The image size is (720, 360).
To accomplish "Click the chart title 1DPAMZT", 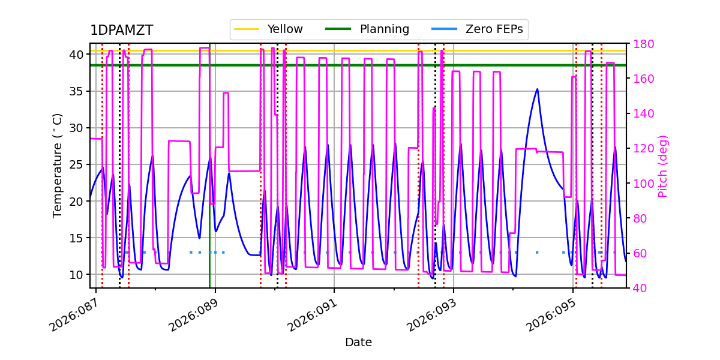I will pos(121,31).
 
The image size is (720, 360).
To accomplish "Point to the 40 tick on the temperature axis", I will pos(77,55).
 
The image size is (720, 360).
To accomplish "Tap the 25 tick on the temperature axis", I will pos(77,164).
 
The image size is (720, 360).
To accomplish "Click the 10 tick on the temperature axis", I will pos(77,275).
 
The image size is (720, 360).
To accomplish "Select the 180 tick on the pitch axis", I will pos(641,44).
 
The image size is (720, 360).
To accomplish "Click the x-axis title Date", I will pos(358,343).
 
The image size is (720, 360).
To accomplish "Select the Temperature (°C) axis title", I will pos(58,165).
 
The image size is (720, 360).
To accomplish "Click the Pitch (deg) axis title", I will pos(663,166).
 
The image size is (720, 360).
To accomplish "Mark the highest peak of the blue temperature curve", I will pos(537,89).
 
